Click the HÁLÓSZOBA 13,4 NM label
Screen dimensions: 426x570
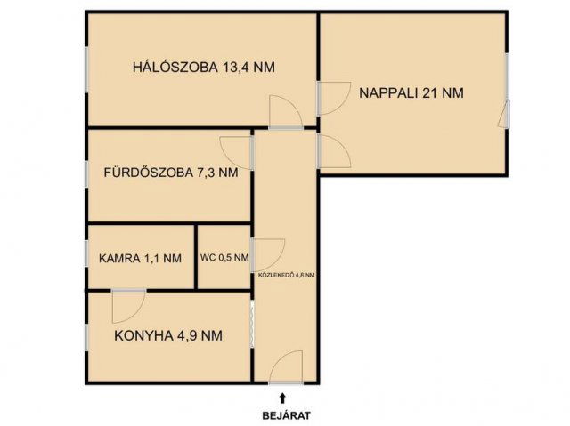(203, 66)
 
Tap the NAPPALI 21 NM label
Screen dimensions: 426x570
(411, 92)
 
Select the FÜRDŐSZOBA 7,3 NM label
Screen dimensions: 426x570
(170, 173)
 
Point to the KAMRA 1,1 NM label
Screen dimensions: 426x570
(140, 259)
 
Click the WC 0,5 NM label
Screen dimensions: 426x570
(224, 259)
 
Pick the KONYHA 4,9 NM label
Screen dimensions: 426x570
(168, 335)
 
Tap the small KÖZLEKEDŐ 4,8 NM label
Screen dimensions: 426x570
(286, 275)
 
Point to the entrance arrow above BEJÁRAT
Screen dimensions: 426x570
(283, 397)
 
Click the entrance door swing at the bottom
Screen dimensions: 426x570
(287, 368)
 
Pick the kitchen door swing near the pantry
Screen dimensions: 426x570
(128, 305)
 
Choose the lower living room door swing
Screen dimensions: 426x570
(333, 152)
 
